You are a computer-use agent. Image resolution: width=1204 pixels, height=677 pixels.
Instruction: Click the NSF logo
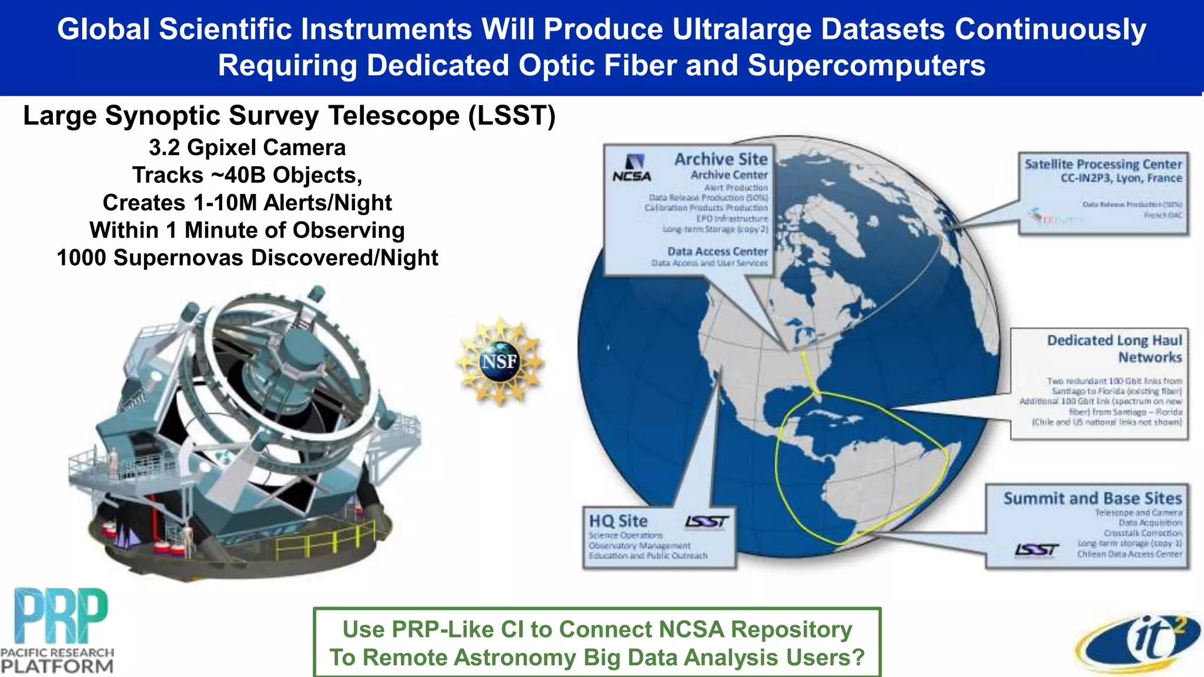pyautogui.click(x=500, y=361)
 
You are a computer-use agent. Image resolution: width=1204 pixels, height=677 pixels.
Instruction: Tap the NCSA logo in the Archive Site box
pyautogui.click(x=632, y=168)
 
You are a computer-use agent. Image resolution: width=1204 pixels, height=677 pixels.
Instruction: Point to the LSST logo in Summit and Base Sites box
pyautogui.click(x=1036, y=549)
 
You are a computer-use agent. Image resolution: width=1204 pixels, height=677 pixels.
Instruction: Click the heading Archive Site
pyautogui.click(x=721, y=159)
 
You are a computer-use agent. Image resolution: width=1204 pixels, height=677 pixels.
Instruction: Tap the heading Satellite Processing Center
pyautogui.click(x=1103, y=164)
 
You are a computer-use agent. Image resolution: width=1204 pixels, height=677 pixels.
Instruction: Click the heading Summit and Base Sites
pyautogui.click(x=1092, y=498)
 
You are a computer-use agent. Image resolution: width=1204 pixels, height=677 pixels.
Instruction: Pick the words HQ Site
pyautogui.click(x=618, y=521)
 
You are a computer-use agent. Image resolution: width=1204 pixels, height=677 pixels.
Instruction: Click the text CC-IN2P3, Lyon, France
pyautogui.click(x=1121, y=178)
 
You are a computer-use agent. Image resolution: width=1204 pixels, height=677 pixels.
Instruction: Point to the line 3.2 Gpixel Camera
pyautogui.click(x=247, y=148)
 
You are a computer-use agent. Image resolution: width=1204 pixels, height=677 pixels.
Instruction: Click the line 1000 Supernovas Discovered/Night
pyautogui.click(x=247, y=257)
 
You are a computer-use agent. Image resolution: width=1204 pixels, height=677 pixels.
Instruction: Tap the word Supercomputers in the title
pyautogui.click(x=867, y=65)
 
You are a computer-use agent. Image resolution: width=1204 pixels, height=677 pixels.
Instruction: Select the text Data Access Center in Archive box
pyautogui.click(x=717, y=252)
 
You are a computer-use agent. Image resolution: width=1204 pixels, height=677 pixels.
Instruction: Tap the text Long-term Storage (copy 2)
pyautogui.click(x=715, y=229)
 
